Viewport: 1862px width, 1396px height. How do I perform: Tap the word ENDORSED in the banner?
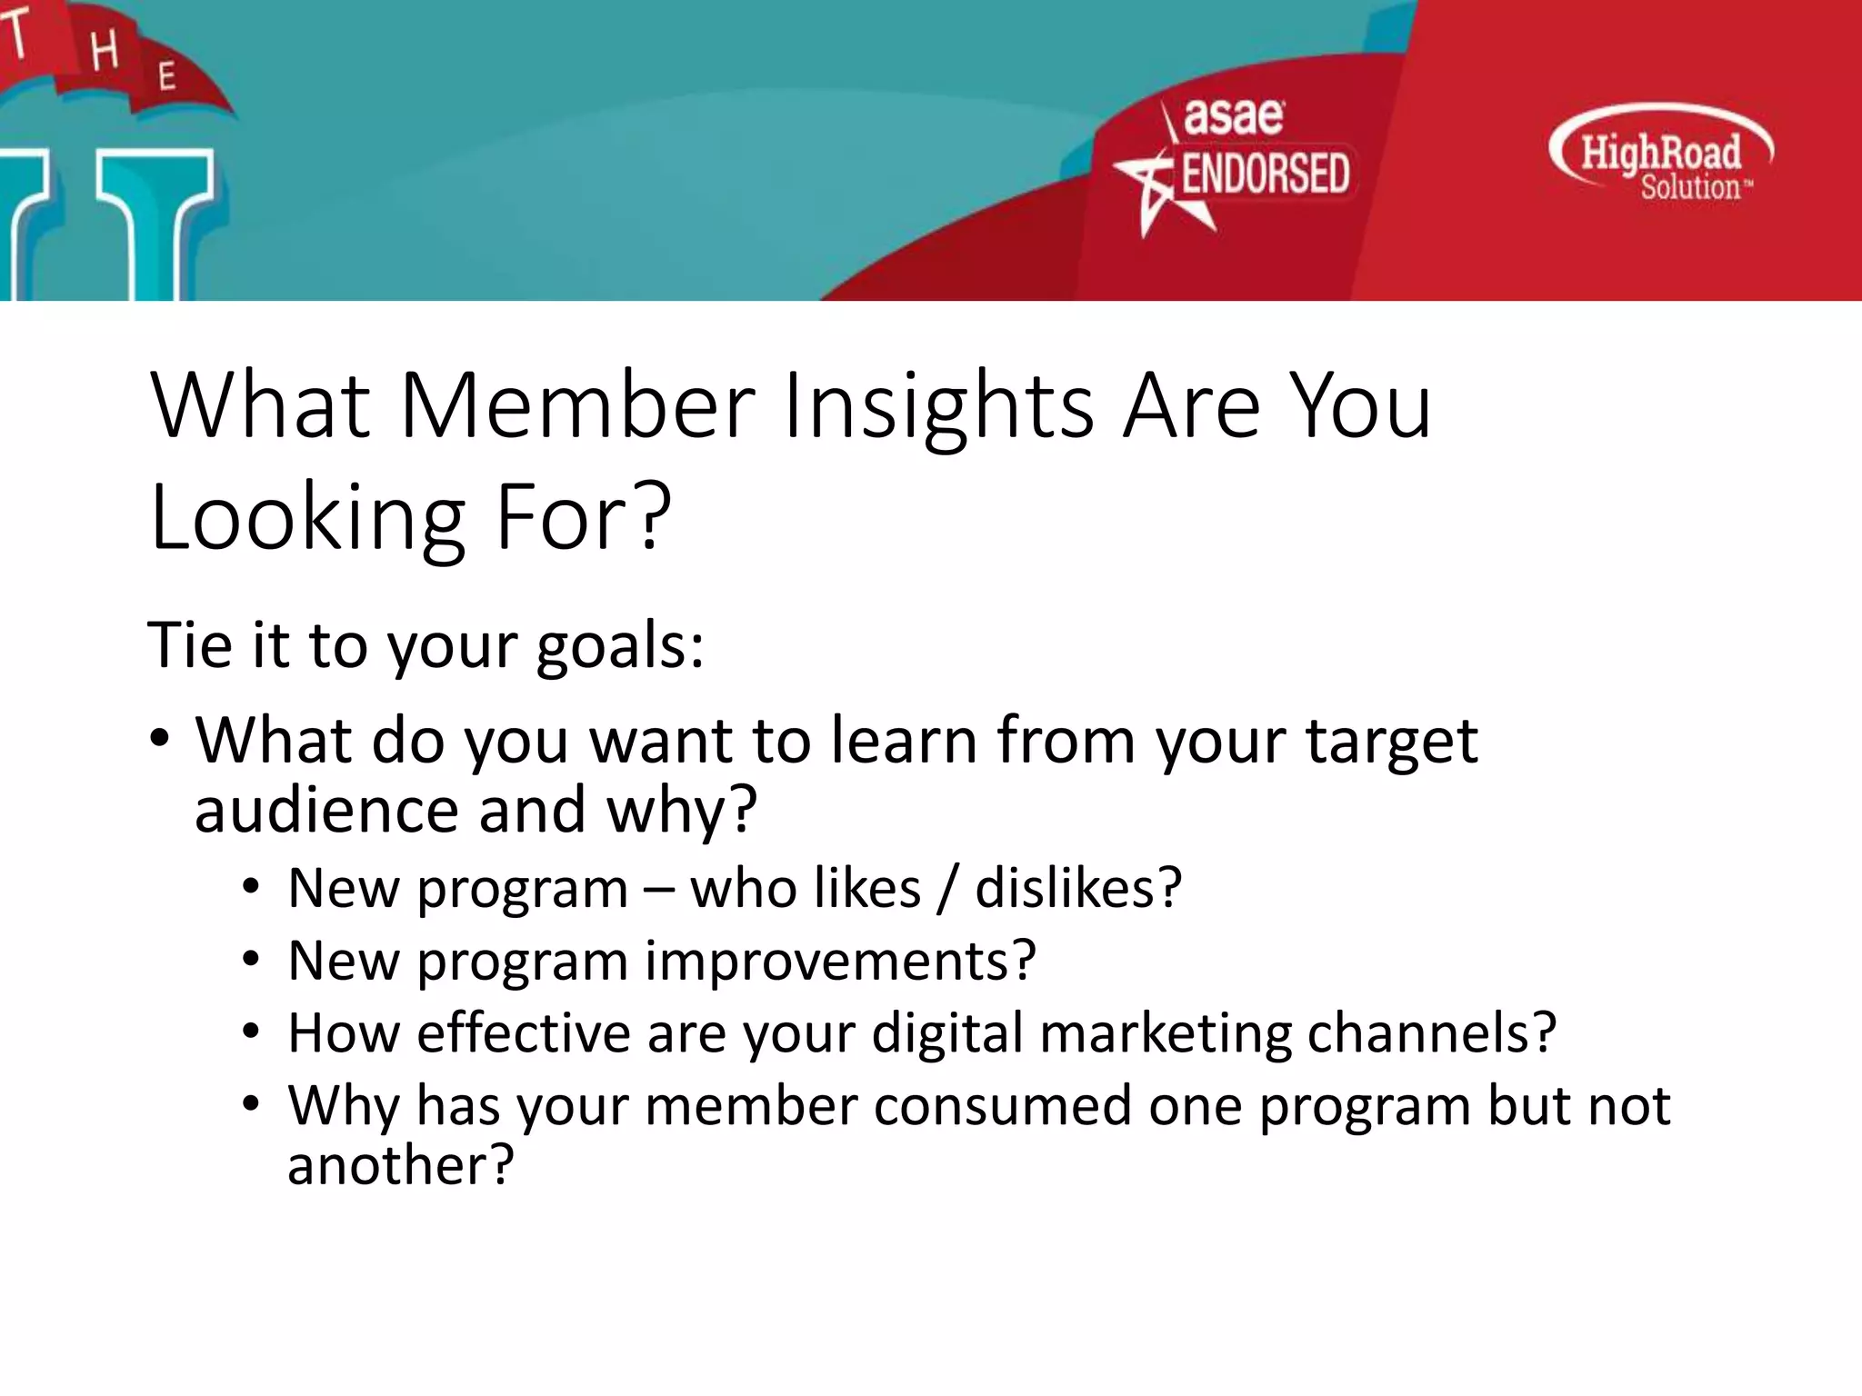point(1265,174)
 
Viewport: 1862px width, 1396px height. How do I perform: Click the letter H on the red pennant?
point(105,50)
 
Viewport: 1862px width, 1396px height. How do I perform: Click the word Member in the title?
point(576,406)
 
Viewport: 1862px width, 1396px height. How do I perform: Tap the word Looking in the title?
point(307,518)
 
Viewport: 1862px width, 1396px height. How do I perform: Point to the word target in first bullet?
point(1391,742)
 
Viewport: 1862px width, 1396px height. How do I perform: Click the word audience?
point(326,810)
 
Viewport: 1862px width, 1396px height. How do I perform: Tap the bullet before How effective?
point(252,1032)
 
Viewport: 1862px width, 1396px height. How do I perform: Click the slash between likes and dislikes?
point(947,888)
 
